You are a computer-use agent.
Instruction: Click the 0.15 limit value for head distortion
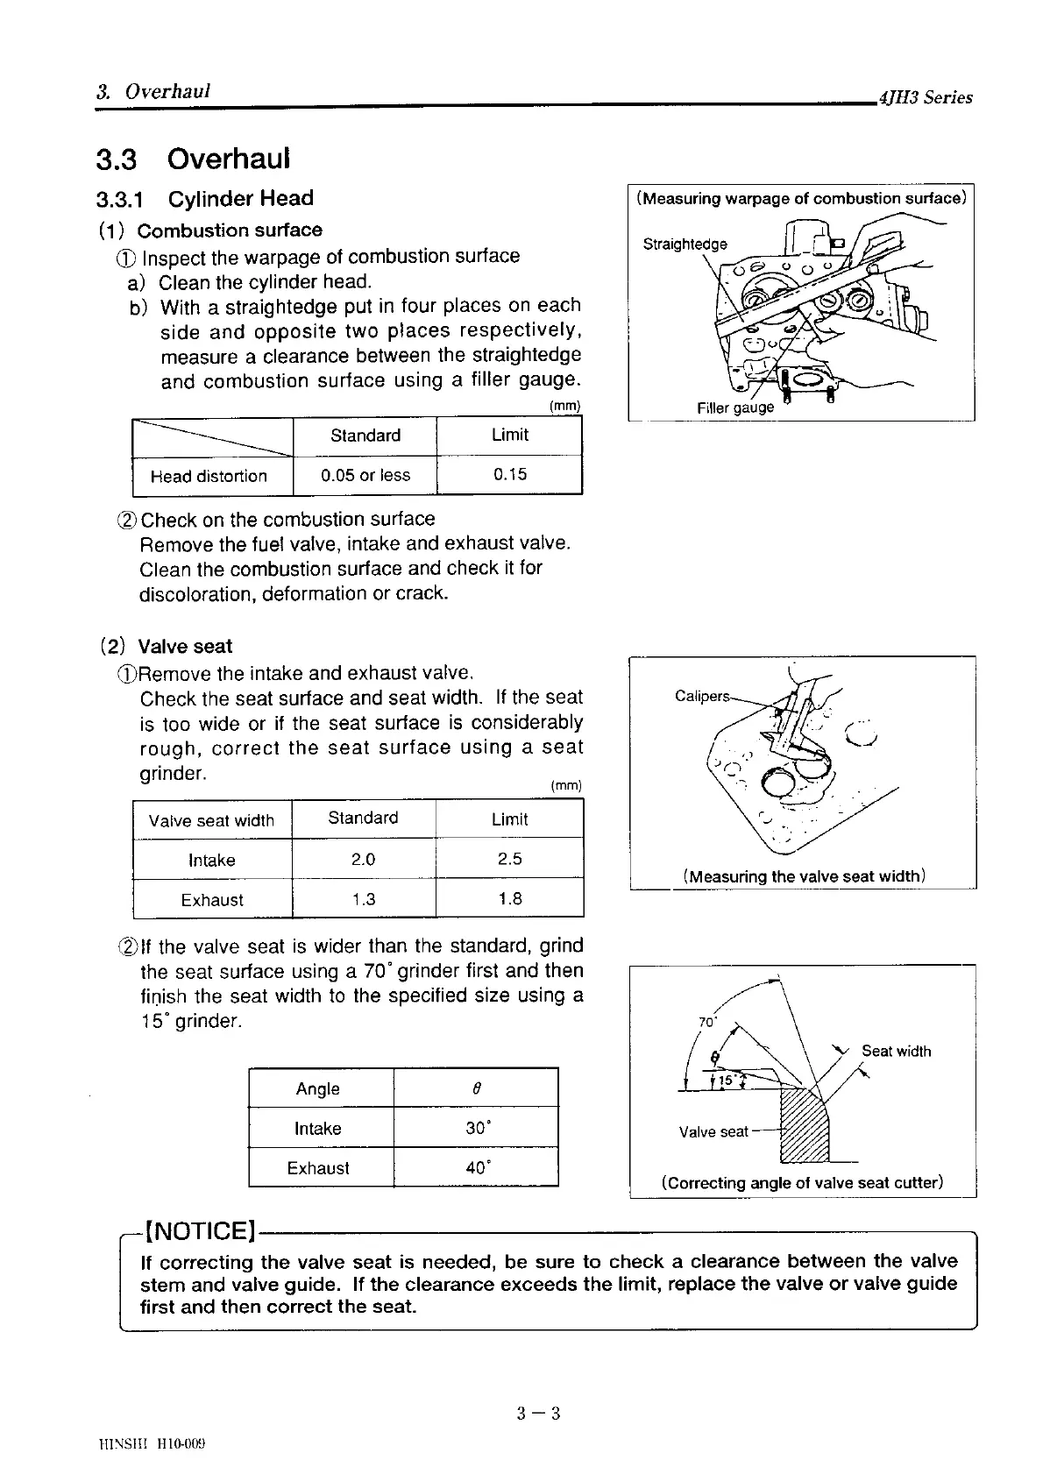tap(509, 475)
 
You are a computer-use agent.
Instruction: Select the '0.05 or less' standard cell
tap(365, 476)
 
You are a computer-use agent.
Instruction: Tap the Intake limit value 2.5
tap(509, 859)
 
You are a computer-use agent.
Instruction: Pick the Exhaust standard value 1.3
tap(363, 899)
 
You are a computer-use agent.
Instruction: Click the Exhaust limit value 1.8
tap(509, 899)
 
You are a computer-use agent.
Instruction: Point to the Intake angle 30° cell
tap(477, 1128)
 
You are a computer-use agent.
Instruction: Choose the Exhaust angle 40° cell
tap(477, 1167)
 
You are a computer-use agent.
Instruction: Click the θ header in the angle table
tap(476, 1088)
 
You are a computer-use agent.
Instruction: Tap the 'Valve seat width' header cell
tap(211, 820)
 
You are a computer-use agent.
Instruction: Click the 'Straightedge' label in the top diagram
tap(685, 244)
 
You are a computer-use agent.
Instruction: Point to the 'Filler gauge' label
tap(735, 407)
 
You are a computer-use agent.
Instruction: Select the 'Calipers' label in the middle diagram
tap(701, 696)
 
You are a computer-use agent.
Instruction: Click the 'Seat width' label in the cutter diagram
tap(896, 1051)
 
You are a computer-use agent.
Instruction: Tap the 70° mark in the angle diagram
tap(706, 1022)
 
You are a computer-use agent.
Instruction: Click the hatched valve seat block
tap(805, 1126)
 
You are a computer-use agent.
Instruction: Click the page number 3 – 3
tap(538, 1413)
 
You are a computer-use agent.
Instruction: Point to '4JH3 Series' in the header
tap(926, 98)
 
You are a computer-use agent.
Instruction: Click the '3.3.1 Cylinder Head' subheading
tap(205, 199)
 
